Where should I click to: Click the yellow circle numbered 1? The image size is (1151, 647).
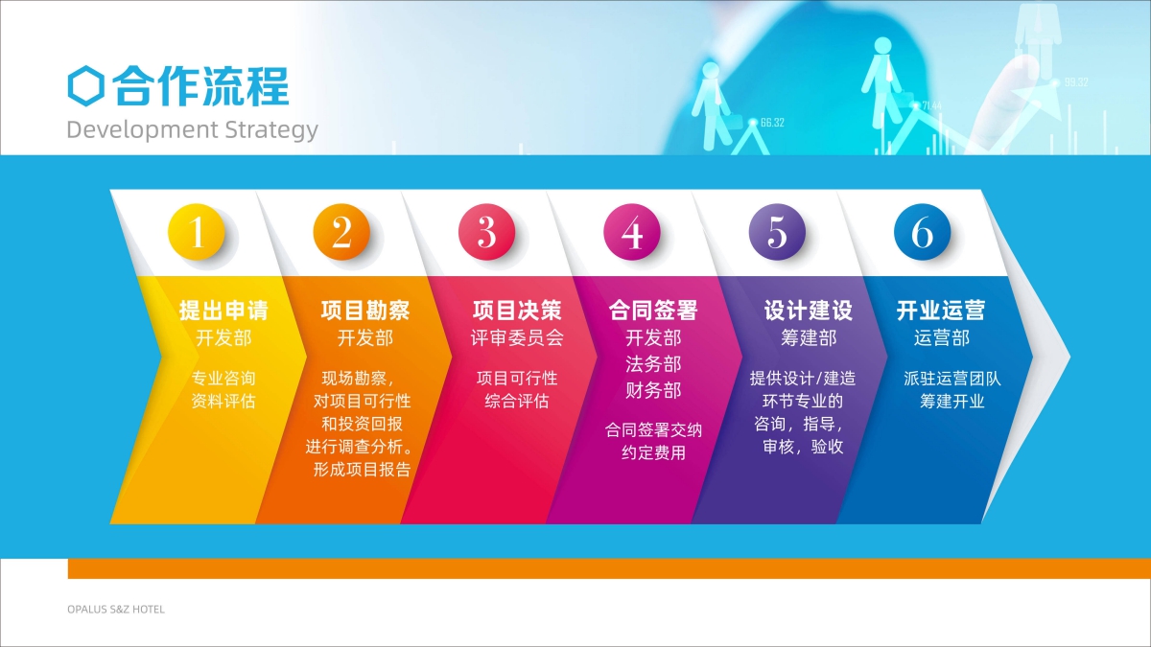click(197, 232)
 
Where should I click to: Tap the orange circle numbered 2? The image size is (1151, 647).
click(341, 232)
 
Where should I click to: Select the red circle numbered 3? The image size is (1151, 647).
click(486, 232)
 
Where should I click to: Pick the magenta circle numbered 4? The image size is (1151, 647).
click(632, 232)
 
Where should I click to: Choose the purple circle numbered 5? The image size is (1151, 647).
click(777, 232)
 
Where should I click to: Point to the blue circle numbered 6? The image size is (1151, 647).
click(923, 232)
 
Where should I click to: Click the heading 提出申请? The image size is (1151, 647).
click(223, 311)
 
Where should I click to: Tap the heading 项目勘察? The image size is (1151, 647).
click(365, 311)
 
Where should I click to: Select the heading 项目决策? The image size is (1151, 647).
click(517, 311)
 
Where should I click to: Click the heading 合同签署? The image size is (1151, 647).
click(653, 311)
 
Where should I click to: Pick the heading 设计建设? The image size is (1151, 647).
click(809, 311)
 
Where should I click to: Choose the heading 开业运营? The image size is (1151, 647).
click(941, 311)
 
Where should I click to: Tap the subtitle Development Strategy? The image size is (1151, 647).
click(192, 130)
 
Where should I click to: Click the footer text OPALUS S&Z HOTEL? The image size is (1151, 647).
click(116, 610)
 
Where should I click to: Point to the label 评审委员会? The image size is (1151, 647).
click(517, 337)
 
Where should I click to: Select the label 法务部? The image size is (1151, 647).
click(653, 364)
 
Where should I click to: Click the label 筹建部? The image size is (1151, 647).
click(809, 337)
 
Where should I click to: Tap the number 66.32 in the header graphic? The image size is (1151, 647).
click(772, 123)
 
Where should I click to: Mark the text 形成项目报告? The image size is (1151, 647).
click(363, 470)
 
